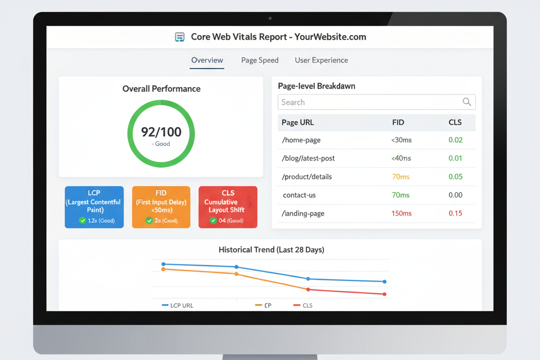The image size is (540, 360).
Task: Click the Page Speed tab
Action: pos(259,60)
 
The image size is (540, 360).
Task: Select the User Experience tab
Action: pos(321,60)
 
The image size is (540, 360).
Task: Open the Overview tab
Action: pos(207,60)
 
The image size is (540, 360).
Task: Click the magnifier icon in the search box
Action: pos(467,102)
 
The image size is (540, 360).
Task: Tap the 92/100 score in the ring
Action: pos(161,132)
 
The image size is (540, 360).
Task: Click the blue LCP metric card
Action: pos(94,207)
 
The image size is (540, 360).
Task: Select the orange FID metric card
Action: pos(161,207)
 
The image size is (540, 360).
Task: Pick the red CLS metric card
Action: pos(228,207)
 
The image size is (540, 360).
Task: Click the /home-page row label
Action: pos(301,140)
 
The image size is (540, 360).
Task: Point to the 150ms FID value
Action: pos(401,213)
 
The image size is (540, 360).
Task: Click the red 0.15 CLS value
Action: pos(455,213)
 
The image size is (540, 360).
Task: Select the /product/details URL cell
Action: pos(307,177)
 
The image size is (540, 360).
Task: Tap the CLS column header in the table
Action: pos(455,122)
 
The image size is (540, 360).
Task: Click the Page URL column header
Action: pos(297,122)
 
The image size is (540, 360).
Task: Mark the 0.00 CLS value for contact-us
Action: pos(455,195)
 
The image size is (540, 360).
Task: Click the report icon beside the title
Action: pos(180,37)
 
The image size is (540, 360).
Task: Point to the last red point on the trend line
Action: pos(384,294)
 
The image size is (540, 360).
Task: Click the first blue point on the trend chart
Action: pos(163,264)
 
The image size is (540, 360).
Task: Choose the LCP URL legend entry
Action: pos(178,305)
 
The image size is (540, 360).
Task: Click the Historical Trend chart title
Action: pos(271,249)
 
